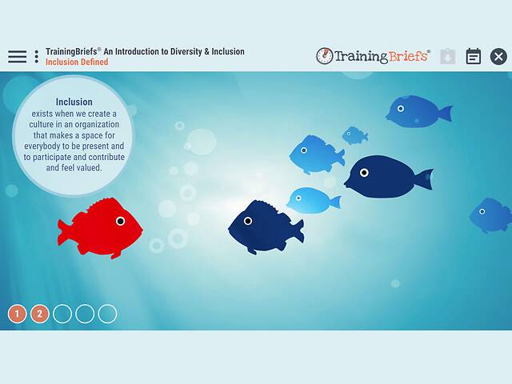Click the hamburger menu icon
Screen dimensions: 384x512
[x=17, y=57]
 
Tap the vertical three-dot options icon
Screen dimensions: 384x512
[x=36, y=57]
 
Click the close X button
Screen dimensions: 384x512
[x=498, y=57]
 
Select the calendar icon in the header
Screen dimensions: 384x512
[x=474, y=57]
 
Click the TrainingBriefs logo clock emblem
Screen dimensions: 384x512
[x=324, y=56]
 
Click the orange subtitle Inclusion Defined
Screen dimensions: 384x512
[x=77, y=62]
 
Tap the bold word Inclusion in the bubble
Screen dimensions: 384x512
[x=74, y=102]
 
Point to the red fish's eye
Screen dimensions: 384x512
[x=120, y=221]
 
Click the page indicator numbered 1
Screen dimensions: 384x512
[x=18, y=314]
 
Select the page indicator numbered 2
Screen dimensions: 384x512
[x=40, y=314]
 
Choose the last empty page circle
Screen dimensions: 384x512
[x=107, y=314]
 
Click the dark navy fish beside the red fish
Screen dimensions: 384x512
[x=264, y=227]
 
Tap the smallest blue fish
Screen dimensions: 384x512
[x=354, y=135]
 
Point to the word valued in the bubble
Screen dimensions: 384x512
[x=106, y=169]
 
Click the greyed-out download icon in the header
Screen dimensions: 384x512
[x=448, y=57]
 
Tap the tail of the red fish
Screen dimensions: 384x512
[x=64, y=233]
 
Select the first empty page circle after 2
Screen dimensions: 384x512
[x=62, y=314]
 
